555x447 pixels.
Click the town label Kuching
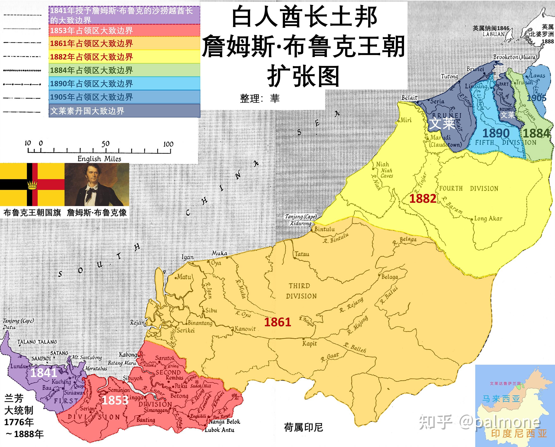coord(61,381)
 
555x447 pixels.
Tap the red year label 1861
coord(277,322)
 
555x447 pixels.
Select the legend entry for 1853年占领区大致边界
coord(91,31)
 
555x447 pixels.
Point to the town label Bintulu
coord(325,229)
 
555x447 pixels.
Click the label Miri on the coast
coord(406,120)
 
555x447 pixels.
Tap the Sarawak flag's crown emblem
coord(32,184)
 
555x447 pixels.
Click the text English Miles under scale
coord(99,159)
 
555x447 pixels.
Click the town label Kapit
coord(309,344)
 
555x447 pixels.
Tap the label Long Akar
coord(488,219)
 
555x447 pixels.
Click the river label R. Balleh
coord(355,348)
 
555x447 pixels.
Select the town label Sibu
coord(211,310)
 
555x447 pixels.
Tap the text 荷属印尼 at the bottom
coord(303,427)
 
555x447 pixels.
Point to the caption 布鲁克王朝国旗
coord(32,213)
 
